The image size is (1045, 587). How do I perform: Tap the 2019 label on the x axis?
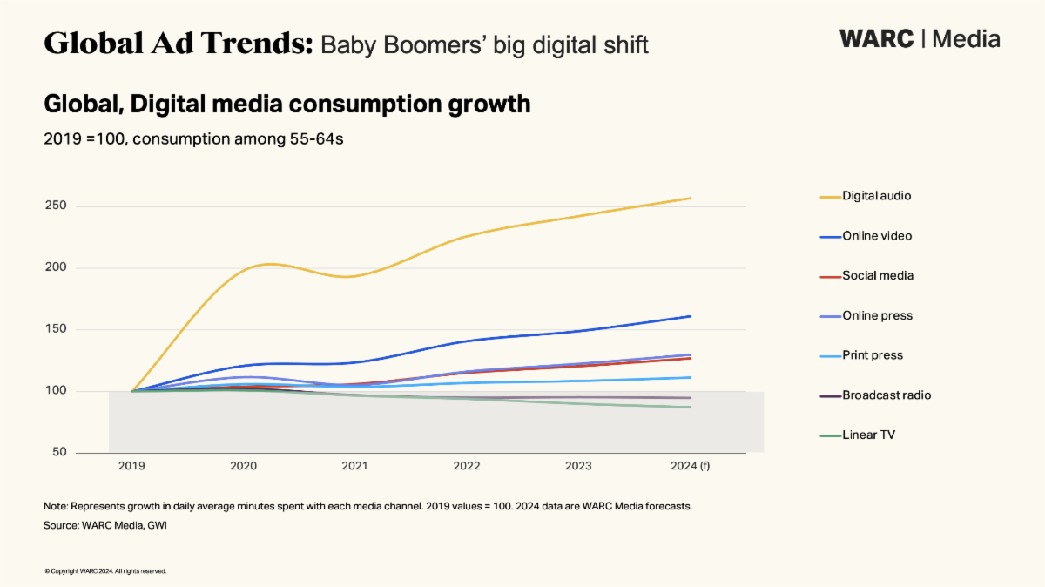131,466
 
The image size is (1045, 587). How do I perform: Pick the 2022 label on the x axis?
467,466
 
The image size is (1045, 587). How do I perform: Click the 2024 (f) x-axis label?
691,466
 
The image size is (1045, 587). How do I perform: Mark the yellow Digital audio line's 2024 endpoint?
691,198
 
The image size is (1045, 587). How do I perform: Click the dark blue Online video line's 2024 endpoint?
691,316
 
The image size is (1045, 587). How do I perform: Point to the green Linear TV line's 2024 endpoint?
691,407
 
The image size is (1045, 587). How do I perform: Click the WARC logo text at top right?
876,39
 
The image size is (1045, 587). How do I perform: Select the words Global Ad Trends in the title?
178,43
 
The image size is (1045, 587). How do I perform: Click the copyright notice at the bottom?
104,571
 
